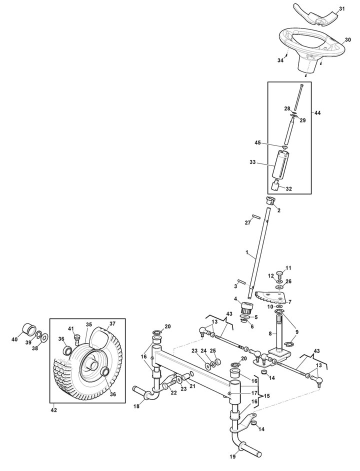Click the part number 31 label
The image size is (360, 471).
click(341, 9)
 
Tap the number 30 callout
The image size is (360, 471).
click(347, 39)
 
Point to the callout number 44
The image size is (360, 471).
click(317, 113)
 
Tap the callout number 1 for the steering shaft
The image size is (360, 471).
click(246, 252)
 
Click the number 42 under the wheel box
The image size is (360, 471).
click(53, 410)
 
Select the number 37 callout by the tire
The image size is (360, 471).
click(112, 324)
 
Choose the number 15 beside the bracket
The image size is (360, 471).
click(266, 396)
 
